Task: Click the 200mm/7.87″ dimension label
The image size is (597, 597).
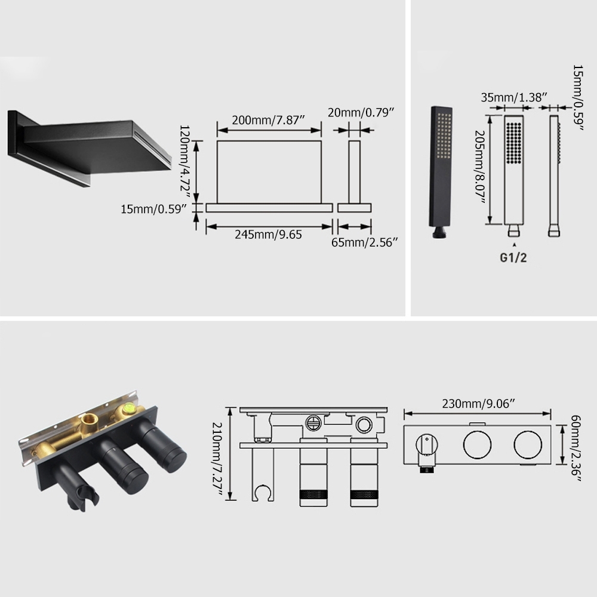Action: (x=269, y=120)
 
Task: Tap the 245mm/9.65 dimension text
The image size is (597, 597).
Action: (x=268, y=235)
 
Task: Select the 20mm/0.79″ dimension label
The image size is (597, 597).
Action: (x=361, y=112)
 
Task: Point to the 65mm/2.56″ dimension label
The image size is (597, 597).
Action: (x=364, y=242)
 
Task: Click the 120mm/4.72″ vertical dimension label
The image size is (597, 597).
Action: (x=184, y=161)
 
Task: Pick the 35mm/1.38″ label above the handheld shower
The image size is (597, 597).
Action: (x=513, y=97)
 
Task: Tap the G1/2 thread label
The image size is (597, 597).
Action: (x=513, y=258)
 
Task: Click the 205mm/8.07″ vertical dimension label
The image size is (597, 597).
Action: (x=480, y=167)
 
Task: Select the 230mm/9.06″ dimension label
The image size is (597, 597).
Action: (x=478, y=404)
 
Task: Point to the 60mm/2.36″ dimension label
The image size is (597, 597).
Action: (x=576, y=448)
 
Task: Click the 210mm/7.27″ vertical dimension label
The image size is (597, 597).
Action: (x=217, y=458)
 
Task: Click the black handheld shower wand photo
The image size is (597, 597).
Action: (x=441, y=172)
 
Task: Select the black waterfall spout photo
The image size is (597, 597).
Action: (x=90, y=148)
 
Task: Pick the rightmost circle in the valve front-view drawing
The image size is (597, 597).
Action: (x=528, y=445)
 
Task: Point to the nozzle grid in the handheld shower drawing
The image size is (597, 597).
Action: (x=514, y=143)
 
